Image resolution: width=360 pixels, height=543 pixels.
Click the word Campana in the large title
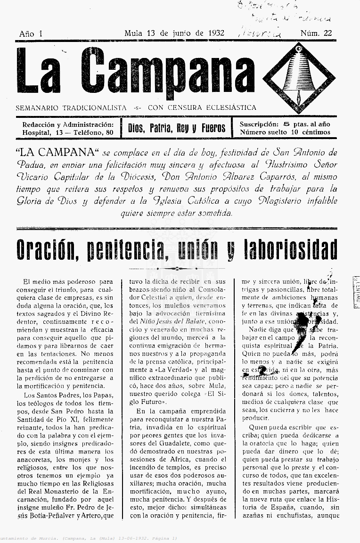point(167,71)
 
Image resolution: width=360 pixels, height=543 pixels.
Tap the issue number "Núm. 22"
point(316,33)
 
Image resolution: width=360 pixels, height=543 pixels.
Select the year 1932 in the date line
point(214,33)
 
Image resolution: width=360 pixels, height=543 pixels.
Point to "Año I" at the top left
point(31,33)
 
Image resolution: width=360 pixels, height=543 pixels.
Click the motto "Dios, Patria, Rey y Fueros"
point(177,128)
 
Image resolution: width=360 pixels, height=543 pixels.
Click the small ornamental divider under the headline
point(176,268)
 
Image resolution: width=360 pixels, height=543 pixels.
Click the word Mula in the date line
point(134,33)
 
